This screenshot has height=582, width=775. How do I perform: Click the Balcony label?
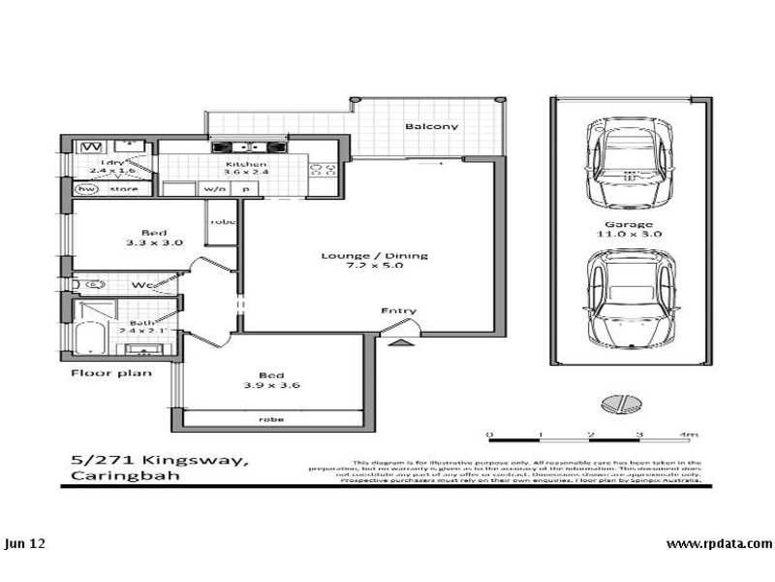coord(432,127)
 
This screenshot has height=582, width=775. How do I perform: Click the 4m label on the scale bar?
coord(689,435)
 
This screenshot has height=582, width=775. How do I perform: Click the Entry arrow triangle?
coord(398,341)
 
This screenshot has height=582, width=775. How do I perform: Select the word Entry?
coord(398,311)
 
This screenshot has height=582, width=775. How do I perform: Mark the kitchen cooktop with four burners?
coord(322,170)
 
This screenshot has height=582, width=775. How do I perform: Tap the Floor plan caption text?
coord(109,372)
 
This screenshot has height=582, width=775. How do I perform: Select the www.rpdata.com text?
coord(720,543)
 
